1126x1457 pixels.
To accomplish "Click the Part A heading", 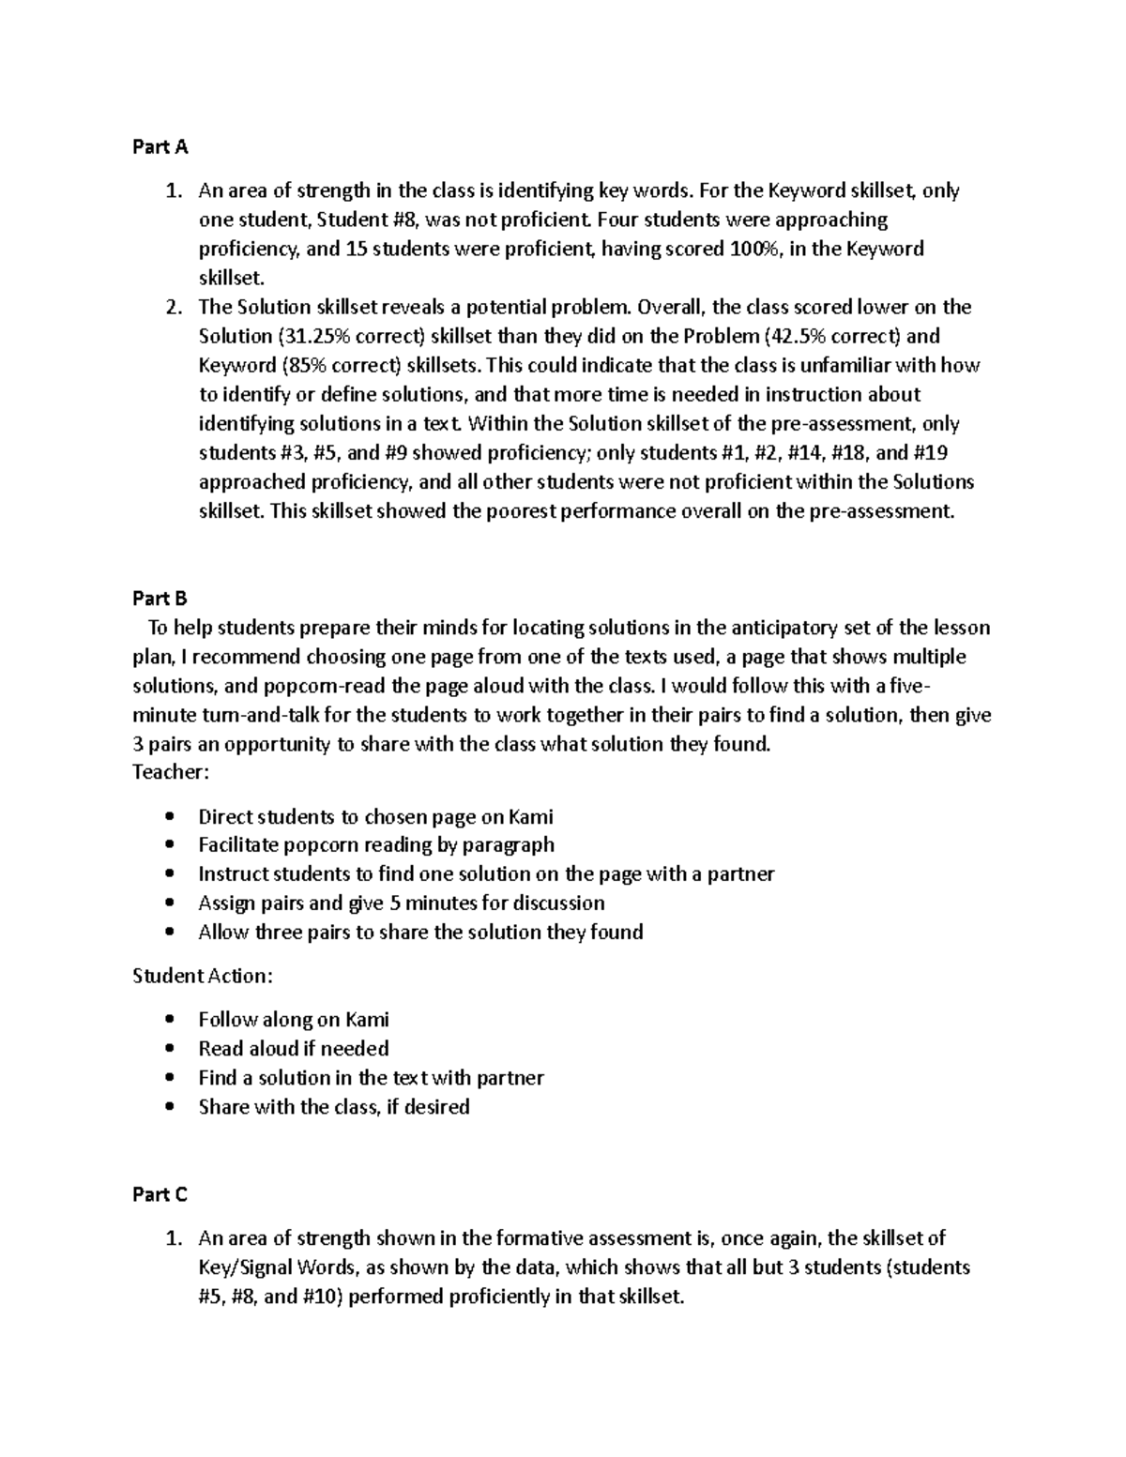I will click(x=160, y=147).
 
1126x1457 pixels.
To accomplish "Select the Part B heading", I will click(x=160, y=599).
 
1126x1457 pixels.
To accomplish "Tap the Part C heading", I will click(x=160, y=1194).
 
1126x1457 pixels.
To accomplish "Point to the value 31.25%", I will click(x=312, y=336).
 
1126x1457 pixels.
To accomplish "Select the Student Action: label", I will click(x=203, y=976).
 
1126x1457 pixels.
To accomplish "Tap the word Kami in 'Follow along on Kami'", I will click(x=367, y=1020).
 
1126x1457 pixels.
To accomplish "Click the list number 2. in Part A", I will click(x=174, y=307).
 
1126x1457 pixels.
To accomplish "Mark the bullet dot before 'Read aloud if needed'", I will click(x=169, y=1049).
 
